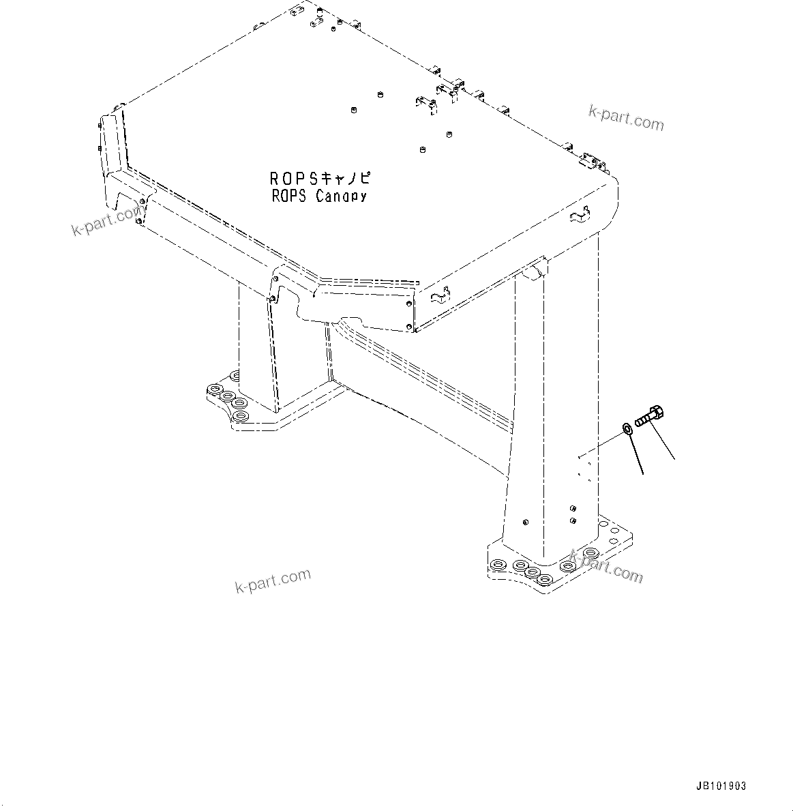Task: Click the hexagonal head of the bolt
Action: pos(658,413)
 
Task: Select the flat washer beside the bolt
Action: pos(627,429)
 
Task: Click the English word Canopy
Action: pos(341,196)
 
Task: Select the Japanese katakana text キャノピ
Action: pos(345,179)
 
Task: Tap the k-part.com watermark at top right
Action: pos(626,118)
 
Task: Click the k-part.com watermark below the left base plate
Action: pos(273,581)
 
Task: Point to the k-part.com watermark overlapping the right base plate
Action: pos(606,567)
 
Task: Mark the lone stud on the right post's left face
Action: pos(524,522)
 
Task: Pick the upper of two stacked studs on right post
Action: pos(571,508)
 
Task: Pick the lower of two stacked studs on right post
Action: pos(571,520)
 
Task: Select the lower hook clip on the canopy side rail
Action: pos(441,295)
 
